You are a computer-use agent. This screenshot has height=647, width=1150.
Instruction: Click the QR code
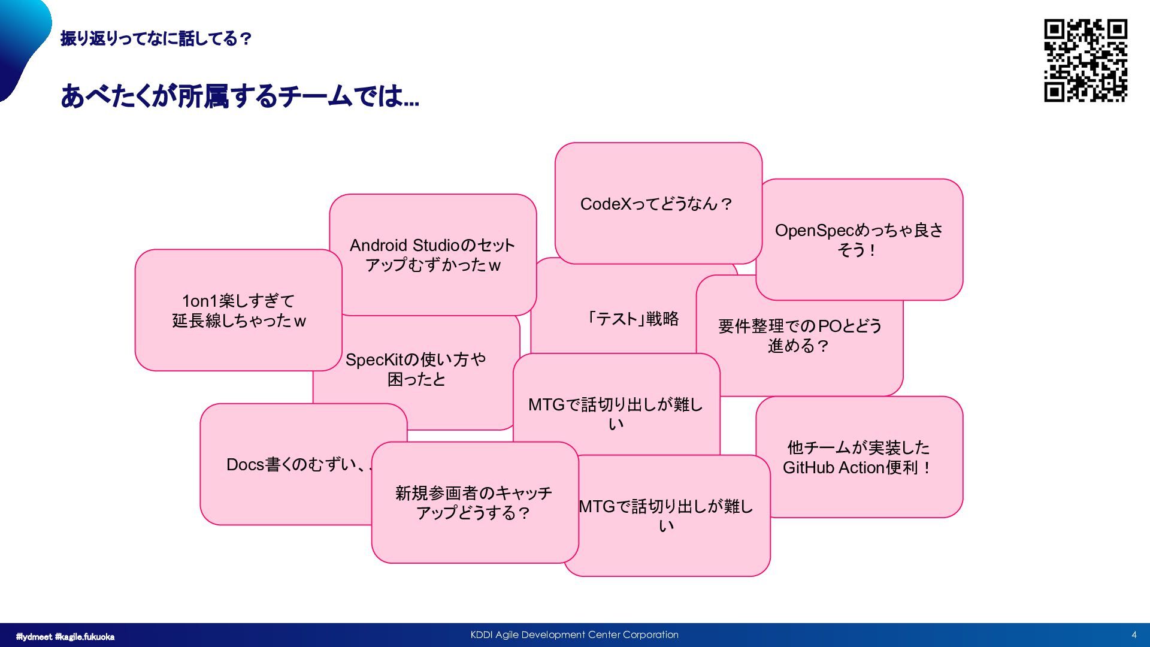pyautogui.click(x=1085, y=61)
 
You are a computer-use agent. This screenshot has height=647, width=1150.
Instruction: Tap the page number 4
pyautogui.click(x=1134, y=635)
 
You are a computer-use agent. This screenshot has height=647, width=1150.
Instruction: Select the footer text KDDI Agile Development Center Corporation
pyautogui.click(x=574, y=635)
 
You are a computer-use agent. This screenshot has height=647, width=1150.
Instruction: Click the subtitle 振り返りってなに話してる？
pyautogui.click(x=156, y=39)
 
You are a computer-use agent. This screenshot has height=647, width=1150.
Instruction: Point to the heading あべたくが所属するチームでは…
pyautogui.click(x=240, y=96)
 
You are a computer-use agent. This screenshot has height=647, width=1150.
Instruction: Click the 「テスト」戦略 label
pyautogui.click(x=634, y=319)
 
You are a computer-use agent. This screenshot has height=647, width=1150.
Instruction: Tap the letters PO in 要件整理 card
pyautogui.click(x=830, y=326)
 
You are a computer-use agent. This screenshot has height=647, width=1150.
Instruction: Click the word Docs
pyautogui.click(x=245, y=465)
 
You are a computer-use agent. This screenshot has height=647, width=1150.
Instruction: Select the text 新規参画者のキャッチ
pyautogui.click(x=473, y=494)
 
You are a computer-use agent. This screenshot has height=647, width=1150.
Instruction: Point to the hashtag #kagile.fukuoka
pyautogui.click(x=84, y=637)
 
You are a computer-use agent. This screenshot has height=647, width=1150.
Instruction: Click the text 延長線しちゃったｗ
pyautogui.click(x=239, y=321)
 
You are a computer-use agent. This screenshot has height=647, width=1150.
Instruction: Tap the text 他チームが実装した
pyautogui.click(x=858, y=448)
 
